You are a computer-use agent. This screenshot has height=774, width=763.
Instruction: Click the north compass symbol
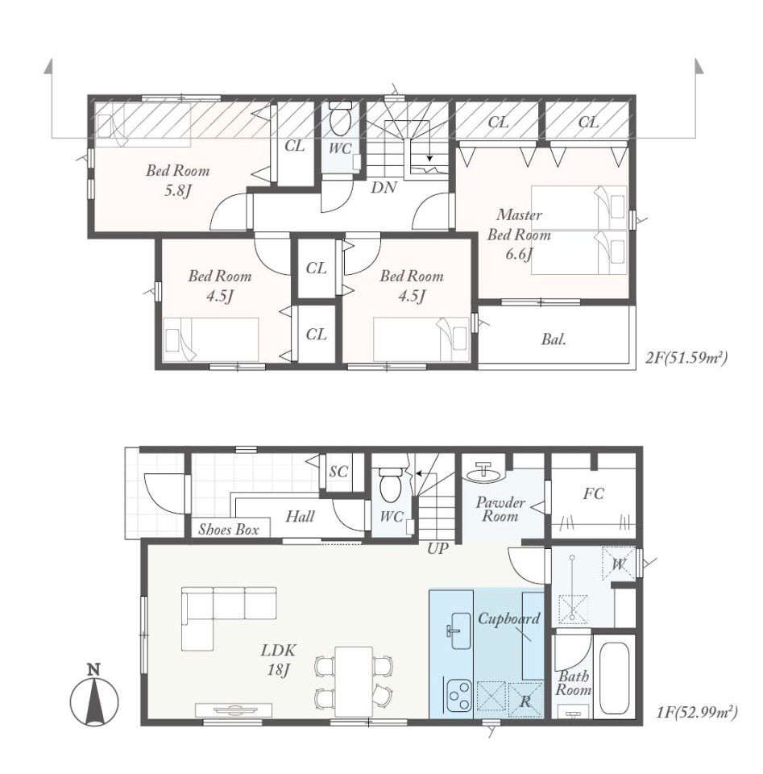coord(94,697)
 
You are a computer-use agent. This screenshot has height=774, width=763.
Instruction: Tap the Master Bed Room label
coord(520,235)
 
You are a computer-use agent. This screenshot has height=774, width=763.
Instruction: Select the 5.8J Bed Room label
coord(177,181)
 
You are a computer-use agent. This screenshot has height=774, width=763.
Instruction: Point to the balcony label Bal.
coord(554,339)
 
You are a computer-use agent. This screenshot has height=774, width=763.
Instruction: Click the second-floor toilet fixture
coord(340,119)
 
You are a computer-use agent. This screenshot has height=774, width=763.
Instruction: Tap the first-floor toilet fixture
coord(391,483)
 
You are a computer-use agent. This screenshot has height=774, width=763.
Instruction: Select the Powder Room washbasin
coord(483,472)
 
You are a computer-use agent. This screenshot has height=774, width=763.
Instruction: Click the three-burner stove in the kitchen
coord(459,695)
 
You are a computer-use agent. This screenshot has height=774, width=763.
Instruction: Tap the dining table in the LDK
coord(354,682)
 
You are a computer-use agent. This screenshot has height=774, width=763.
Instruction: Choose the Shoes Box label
coord(229,530)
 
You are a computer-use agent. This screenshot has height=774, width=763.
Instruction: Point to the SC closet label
coord(338,472)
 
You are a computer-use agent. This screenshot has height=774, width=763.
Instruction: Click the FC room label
coord(593,493)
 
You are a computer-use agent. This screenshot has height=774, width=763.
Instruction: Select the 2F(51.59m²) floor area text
coord(686,358)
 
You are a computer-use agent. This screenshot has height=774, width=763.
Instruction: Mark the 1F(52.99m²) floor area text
coord(697,712)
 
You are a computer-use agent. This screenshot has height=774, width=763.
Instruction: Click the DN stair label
coord(384,187)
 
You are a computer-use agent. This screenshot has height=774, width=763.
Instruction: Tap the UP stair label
coord(437,548)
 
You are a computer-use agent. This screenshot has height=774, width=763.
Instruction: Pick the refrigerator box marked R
coord(525,700)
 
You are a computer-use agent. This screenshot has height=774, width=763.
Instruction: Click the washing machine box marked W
coord(618,564)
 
